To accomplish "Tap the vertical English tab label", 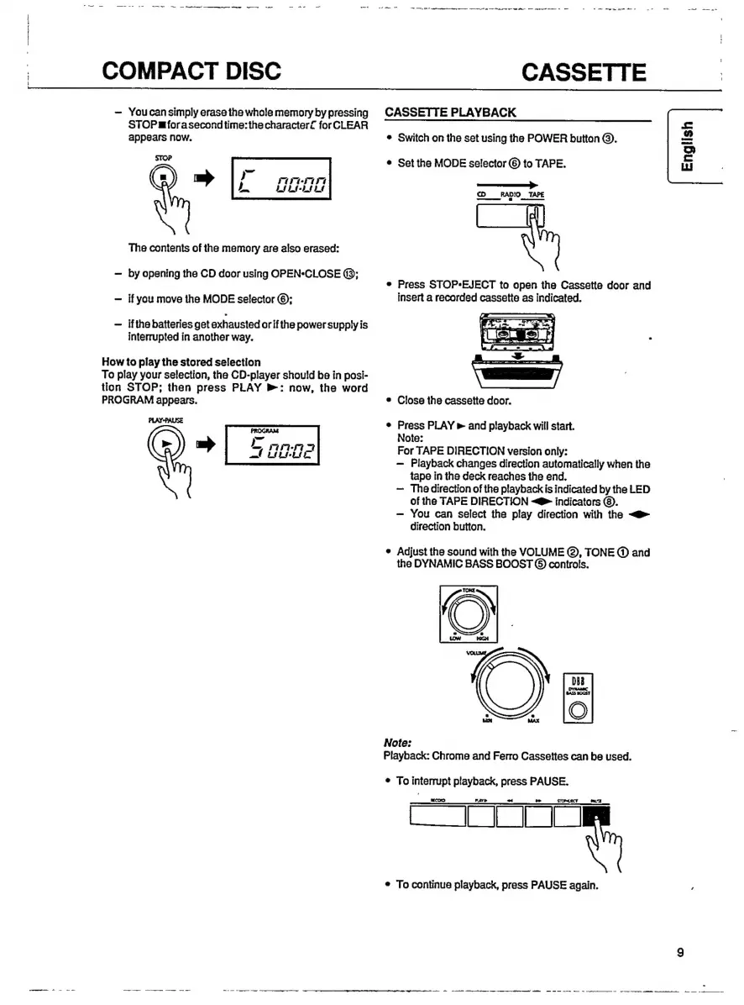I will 688,146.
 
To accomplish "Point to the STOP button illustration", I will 164,178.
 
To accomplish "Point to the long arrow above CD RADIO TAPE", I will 507,182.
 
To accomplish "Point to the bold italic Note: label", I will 396,743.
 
